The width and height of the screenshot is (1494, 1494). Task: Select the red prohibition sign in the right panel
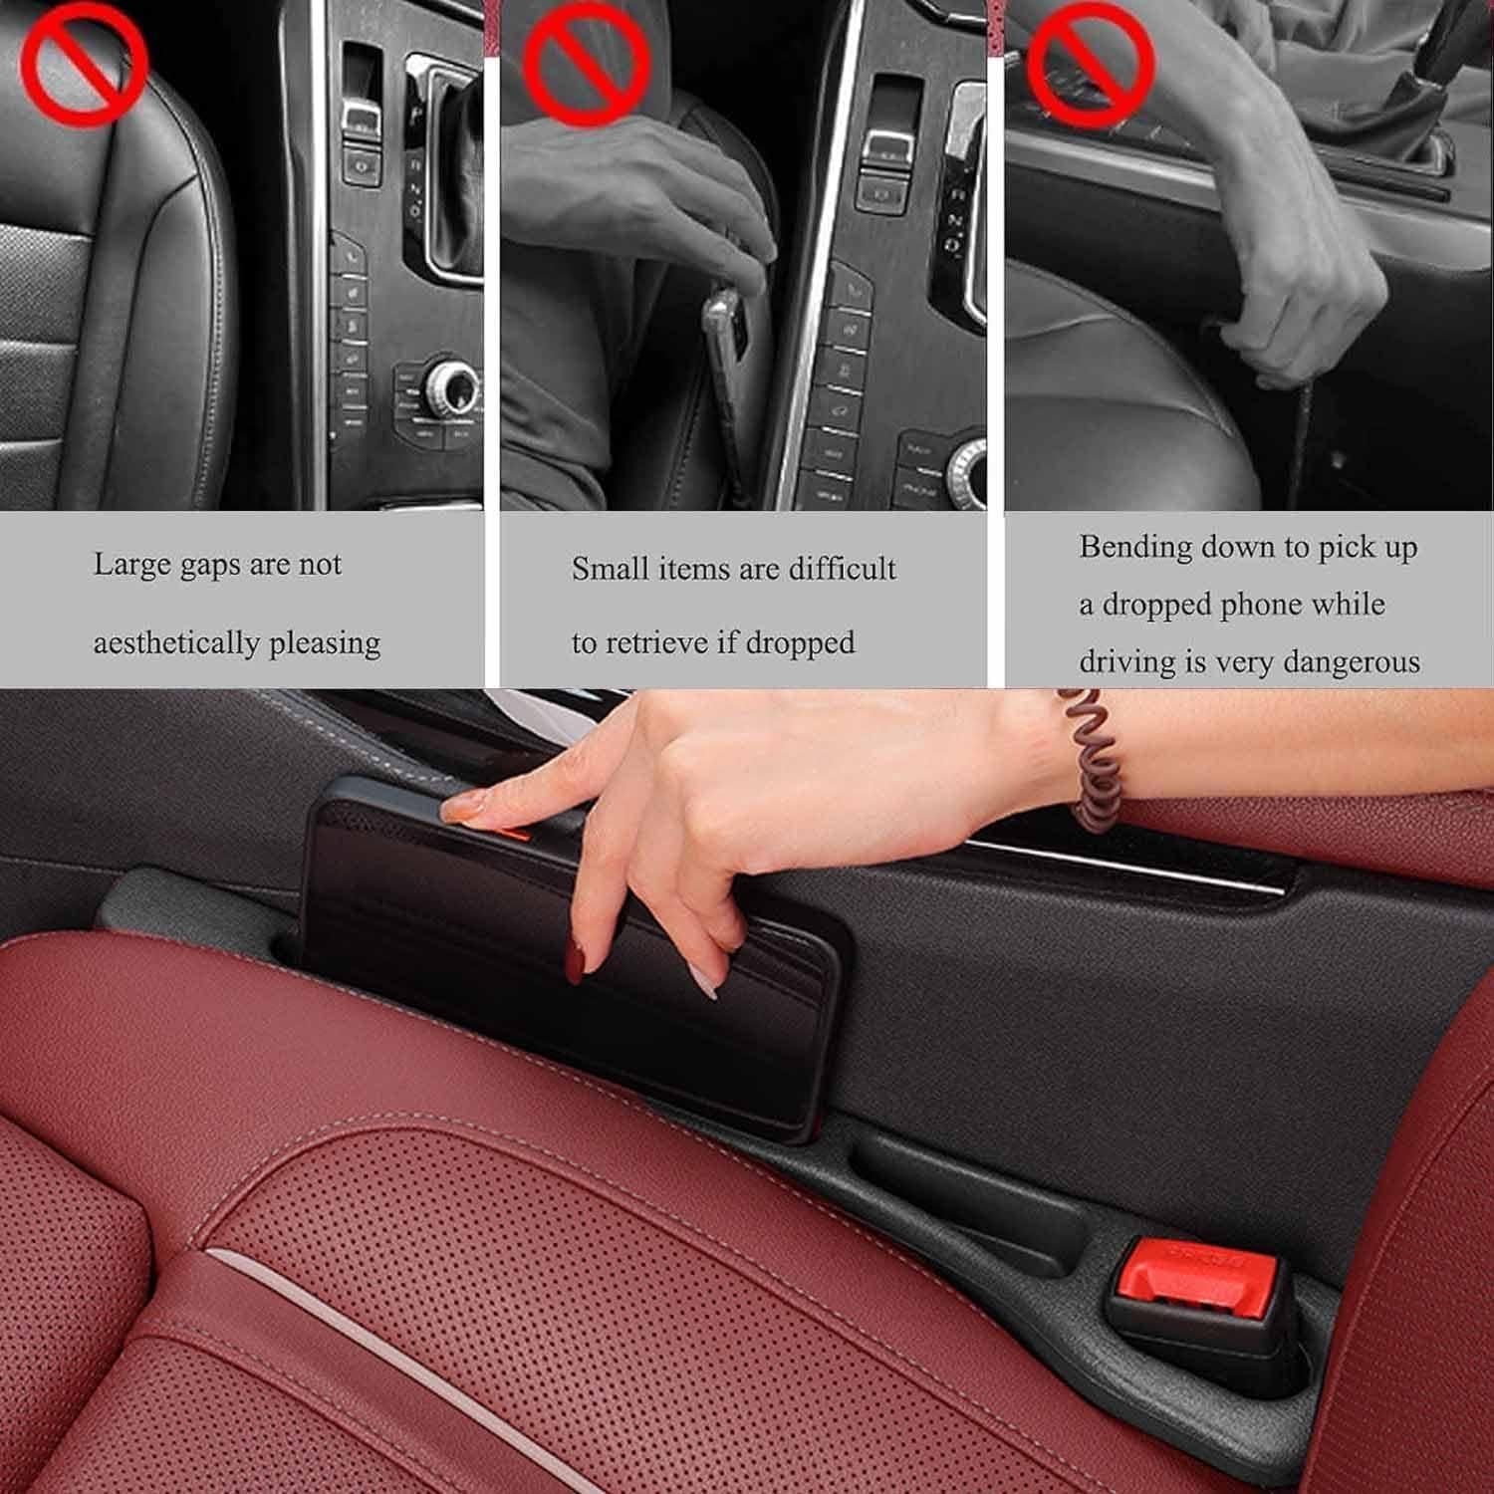click(x=1091, y=61)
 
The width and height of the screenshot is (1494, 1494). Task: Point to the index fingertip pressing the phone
click(x=461, y=807)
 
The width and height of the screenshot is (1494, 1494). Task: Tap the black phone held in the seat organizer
click(x=578, y=956)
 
